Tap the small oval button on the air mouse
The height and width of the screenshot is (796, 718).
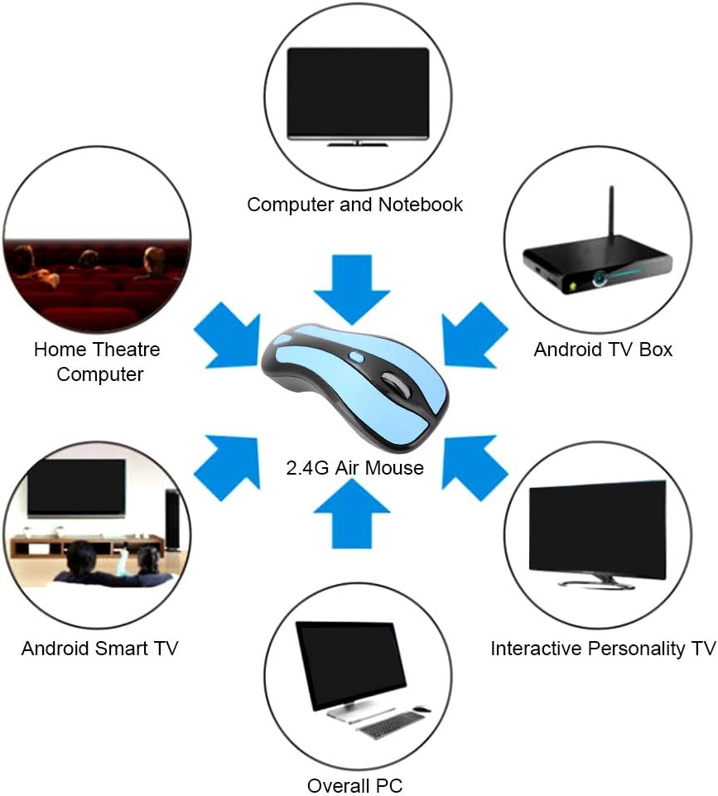(357, 357)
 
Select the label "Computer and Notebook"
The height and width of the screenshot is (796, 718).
(354, 205)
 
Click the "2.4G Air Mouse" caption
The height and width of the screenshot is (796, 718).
(354, 467)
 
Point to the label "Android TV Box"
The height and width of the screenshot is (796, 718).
(603, 350)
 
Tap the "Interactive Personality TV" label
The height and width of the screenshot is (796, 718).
(603, 649)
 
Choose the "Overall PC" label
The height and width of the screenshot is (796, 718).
(354, 785)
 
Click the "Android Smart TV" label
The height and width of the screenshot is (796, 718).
(99, 649)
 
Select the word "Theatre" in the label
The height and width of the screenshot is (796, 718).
(127, 350)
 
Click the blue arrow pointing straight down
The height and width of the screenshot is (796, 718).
(352, 289)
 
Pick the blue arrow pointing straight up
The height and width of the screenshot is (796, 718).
(352, 514)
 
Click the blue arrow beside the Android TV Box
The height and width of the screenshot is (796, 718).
(475, 335)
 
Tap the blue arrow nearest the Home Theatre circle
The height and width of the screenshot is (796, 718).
(227, 335)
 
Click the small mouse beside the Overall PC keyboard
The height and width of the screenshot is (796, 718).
(422, 709)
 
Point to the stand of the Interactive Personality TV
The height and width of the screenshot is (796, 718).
(597, 581)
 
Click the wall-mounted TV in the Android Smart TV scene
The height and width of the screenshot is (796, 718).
(77, 488)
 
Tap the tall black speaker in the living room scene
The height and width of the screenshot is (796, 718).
(172, 519)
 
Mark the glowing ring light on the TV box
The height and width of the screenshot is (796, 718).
(601, 278)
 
